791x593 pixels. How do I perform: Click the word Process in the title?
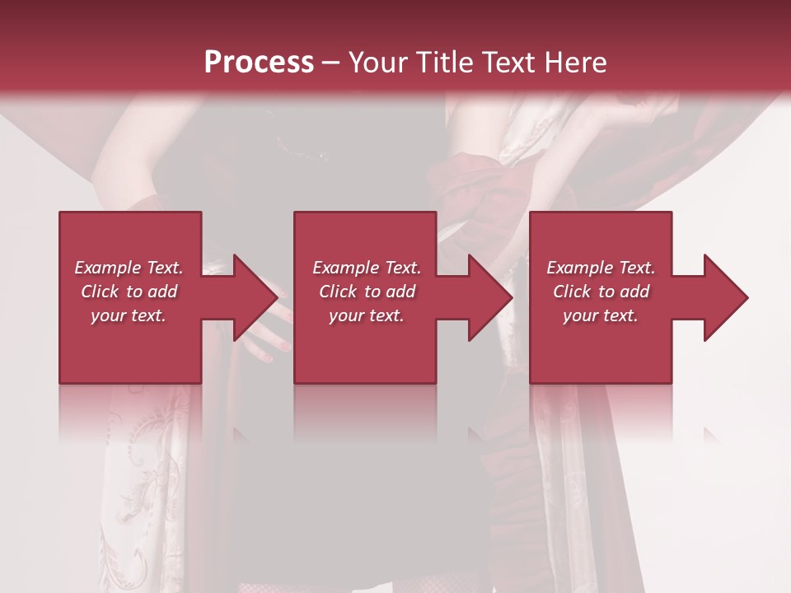pos(259,63)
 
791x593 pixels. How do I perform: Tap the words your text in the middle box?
pos(366,315)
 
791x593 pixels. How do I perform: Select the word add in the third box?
pos(634,292)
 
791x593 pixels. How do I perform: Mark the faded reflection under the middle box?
pos(365,412)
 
